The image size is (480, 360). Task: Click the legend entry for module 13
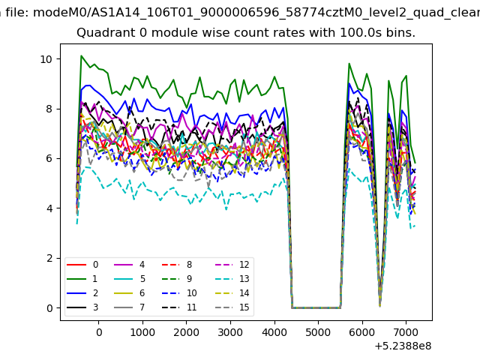tap(230, 279)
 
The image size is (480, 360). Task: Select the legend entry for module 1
tap(82, 279)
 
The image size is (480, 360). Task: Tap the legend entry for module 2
tap(82, 293)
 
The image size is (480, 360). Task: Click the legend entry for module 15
tap(230, 307)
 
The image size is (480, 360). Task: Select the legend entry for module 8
tap(177, 265)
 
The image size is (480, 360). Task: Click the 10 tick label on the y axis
tap(46, 59)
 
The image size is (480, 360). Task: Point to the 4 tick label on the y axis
tap(49, 208)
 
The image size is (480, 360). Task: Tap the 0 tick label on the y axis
tap(49, 308)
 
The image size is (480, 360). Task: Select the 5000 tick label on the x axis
tap(318, 332)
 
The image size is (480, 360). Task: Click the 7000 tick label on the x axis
tap(406, 332)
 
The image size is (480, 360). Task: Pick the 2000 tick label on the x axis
tap(186, 332)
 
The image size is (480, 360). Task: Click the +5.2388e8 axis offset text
tap(403, 346)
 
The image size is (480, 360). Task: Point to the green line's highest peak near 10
tap(81, 55)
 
